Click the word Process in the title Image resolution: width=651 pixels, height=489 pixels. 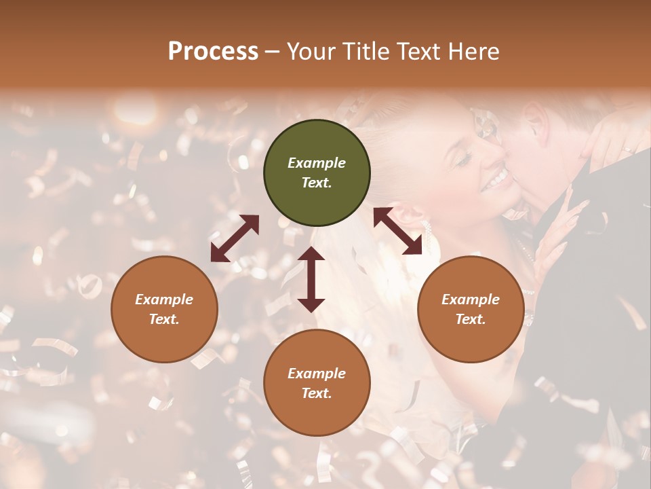coord(213,52)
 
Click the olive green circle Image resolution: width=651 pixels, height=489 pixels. coord(317,173)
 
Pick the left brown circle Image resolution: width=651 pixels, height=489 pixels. coord(164,309)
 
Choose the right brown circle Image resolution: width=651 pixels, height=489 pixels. coord(471,309)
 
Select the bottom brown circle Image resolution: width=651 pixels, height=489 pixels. coord(317,383)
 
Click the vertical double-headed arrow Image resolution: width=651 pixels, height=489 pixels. coord(311,279)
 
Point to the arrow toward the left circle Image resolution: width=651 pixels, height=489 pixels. coord(235,238)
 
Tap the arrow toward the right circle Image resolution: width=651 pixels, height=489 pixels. coord(397,231)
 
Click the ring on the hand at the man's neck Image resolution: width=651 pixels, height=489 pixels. coord(628,149)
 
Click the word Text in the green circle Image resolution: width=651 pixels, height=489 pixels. coord(317,183)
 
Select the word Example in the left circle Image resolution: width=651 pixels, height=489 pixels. coord(164,300)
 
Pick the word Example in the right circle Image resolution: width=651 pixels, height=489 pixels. coord(471,300)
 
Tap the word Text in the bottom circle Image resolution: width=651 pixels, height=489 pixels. coord(317,393)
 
